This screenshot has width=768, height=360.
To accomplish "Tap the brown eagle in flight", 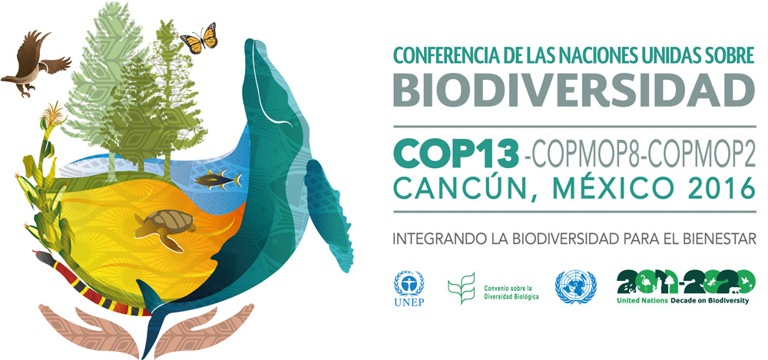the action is pyautogui.click(x=35, y=62).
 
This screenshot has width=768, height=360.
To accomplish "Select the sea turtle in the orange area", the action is pyautogui.click(x=165, y=226).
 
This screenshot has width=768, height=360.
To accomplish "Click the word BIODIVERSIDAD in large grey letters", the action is pyautogui.click(x=574, y=90).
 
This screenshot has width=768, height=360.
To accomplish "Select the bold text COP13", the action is pyautogui.click(x=456, y=153).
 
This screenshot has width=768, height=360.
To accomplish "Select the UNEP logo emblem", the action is pyautogui.click(x=409, y=289).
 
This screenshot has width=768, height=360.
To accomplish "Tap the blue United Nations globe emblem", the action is pyautogui.click(x=575, y=287).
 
